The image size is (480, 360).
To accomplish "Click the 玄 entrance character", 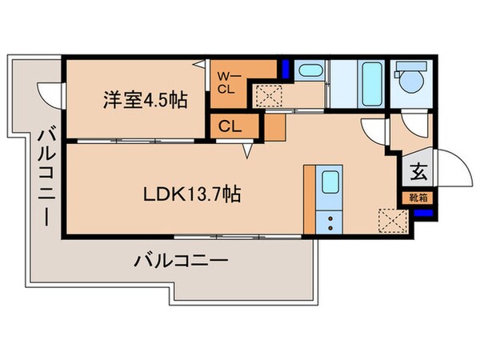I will click(418, 171).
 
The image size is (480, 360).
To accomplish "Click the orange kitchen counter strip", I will click(309, 200).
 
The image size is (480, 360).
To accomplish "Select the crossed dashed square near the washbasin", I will click(266, 97).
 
